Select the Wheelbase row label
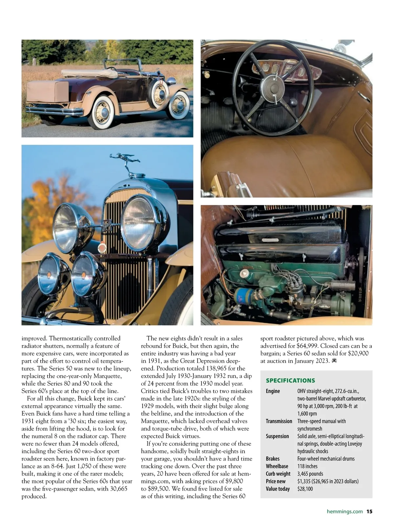pyautogui.click(x=277, y=466)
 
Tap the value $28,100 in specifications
pyautogui.click(x=305, y=489)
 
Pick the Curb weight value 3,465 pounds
pyautogui.click(x=310, y=474)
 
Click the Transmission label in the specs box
pyautogui.click(x=279, y=421)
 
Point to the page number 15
pyautogui.click(x=369, y=511)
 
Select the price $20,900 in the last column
pyautogui.click(x=357, y=353)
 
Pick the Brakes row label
pyautogui.click(x=273, y=458)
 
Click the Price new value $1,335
pyautogui.click(x=305, y=481)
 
